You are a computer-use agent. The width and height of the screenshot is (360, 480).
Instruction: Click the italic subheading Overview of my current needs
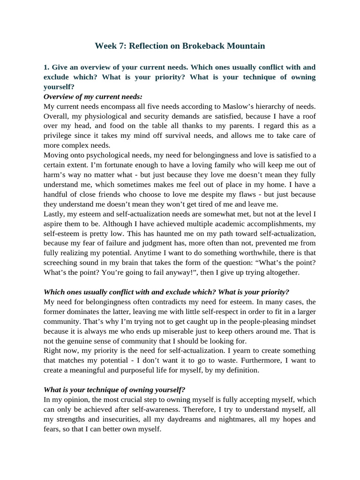coord(92,97)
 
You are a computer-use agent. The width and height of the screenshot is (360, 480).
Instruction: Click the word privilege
coord(59,135)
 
